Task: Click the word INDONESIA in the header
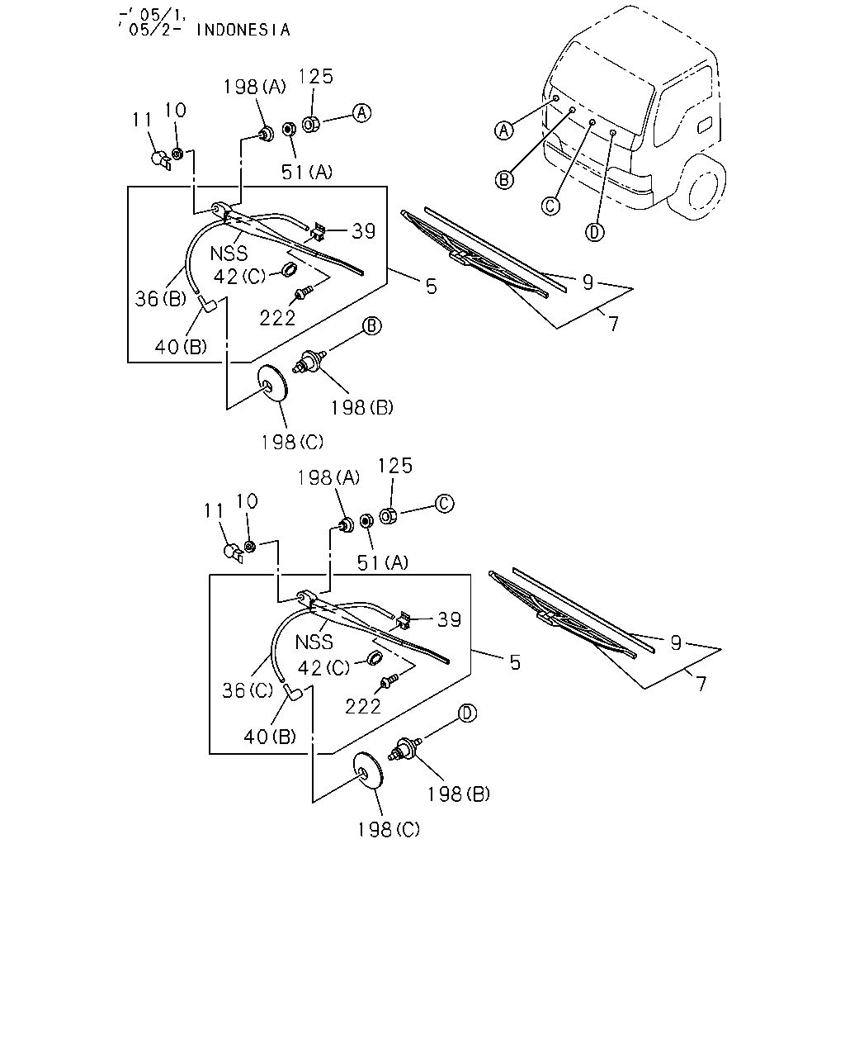243,30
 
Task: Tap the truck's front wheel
697,187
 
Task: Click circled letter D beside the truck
595,232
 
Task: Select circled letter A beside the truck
503,130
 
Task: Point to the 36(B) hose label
161,298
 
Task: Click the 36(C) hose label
247,690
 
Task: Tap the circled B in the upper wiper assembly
371,325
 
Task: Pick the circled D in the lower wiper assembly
467,713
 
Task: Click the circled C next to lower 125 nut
444,504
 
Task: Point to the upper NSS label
229,254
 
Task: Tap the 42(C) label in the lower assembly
323,667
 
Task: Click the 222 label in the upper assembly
277,318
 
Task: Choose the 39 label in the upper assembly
363,231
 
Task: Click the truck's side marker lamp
705,126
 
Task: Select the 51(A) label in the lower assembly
383,562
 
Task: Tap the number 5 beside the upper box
431,287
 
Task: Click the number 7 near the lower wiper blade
701,684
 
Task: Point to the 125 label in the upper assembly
316,76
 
